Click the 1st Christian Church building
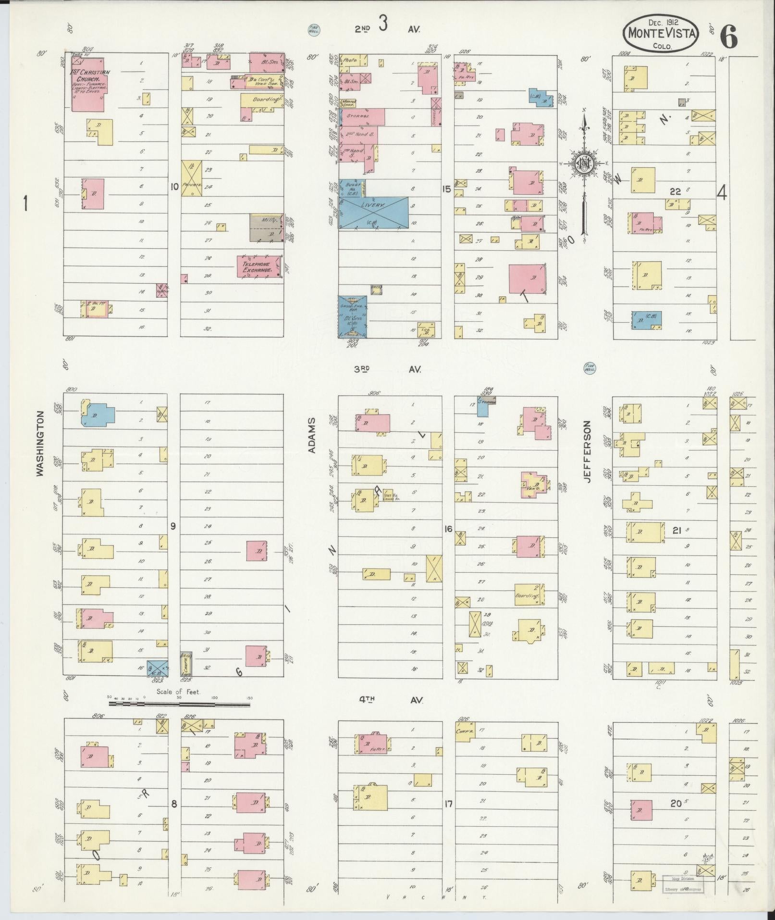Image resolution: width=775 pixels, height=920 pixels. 87,85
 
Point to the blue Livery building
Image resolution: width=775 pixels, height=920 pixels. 374,212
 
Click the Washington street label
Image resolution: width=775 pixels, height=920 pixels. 40,443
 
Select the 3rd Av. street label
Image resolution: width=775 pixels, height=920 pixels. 387,369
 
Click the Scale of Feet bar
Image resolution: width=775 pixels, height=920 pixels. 179,704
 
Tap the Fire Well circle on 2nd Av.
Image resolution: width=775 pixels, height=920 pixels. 314,30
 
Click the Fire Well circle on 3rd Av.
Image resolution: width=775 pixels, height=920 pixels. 589,368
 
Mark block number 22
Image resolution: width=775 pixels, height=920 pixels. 675,191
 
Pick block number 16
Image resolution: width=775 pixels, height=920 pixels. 448,529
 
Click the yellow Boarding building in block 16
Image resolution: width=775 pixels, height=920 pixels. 529,595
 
